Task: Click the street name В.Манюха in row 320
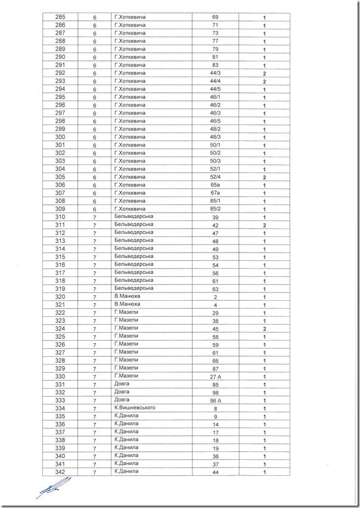click(x=126, y=296)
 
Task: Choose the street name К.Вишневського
click(x=135, y=408)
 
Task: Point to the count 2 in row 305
click(x=263, y=177)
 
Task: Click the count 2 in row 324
click(x=263, y=329)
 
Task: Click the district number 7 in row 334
click(x=95, y=409)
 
